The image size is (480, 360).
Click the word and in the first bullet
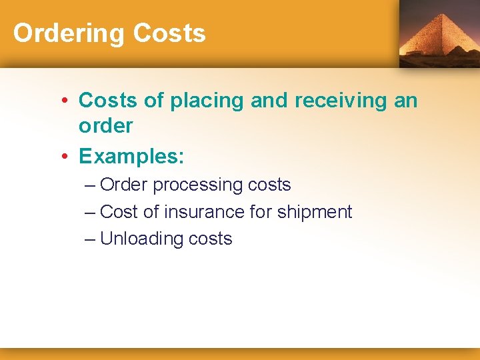[x=270, y=101]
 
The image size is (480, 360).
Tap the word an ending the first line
[x=407, y=101]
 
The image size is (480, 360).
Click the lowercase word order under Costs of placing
[x=105, y=125]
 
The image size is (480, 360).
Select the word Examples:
[x=131, y=157]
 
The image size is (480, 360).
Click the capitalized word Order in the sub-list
[x=124, y=185]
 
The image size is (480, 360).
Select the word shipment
[x=315, y=212]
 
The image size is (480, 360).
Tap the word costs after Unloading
[x=210, y=239]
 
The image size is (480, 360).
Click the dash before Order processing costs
[x=91, y=185]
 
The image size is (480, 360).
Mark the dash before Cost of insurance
[x=91, y=212]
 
